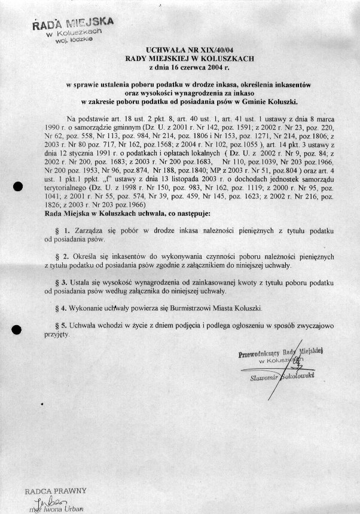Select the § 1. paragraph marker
point(67,231)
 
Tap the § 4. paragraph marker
point(67,307)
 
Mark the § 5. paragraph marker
point(67,325)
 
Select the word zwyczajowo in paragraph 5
point(317,325)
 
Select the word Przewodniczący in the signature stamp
point(265,354)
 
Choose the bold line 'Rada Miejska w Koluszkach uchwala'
point(117,212)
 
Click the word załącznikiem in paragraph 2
point(202,265)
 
